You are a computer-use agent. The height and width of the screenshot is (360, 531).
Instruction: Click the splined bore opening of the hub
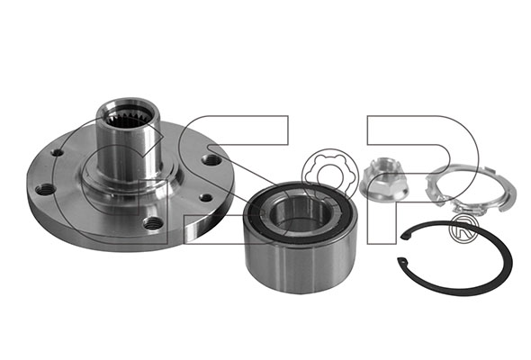129,117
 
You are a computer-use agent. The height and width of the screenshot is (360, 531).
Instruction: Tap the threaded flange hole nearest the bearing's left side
205,197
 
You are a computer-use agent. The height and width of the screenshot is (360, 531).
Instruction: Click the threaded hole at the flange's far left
45,190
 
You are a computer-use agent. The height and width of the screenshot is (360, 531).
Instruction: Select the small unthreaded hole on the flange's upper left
58,152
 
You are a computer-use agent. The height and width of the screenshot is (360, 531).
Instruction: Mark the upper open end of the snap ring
404,236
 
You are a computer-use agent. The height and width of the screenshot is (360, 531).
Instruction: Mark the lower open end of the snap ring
402,261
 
